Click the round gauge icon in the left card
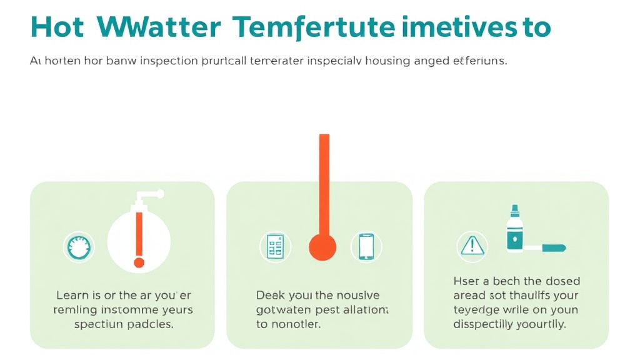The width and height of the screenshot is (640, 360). tap(79, 246)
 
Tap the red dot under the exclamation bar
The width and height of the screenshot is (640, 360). tap(139, 262)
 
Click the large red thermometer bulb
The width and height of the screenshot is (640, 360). tap(322, 246)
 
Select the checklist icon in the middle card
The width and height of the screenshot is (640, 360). tap(275, 246)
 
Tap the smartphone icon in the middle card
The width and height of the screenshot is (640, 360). tap(366, 246)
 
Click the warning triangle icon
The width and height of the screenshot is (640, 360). tap(472, 246)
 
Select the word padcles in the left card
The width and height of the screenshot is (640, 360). tap(149, 324)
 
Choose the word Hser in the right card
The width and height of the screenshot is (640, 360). tap(466, 281)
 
